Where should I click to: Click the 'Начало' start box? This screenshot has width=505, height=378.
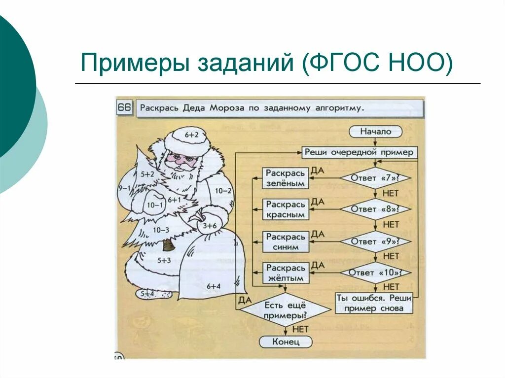[375, 132]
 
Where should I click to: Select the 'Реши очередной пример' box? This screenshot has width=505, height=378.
[359, 152]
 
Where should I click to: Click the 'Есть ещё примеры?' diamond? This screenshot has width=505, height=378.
[286, 310]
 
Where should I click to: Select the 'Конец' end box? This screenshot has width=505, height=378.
[286, 342]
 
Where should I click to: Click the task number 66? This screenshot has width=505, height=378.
[124, 108]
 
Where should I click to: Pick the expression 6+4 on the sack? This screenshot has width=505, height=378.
[214, 286]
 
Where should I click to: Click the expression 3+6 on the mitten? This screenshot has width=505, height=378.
[210, 225]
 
